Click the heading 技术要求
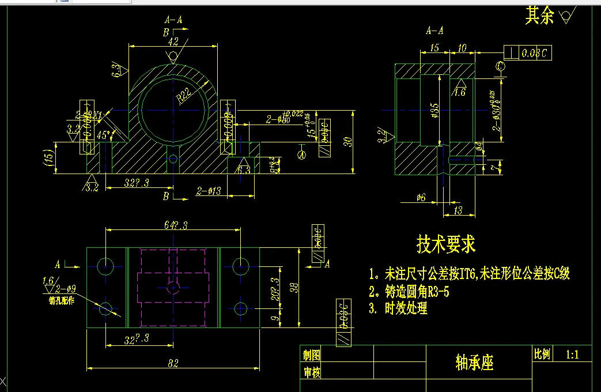tap(446, 244)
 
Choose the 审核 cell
tap(311, 372)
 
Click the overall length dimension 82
tap(173, 363)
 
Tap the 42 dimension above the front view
tap(173, 42)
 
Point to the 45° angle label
tap(104, 136)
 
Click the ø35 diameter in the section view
tap(434, 110)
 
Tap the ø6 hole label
tap(421, 198)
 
